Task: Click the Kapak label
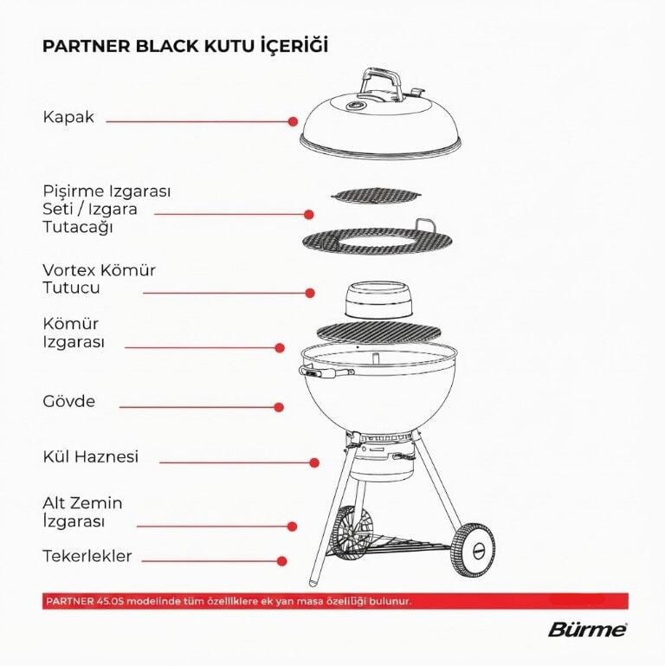68,117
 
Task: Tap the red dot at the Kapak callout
293,121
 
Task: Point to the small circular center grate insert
376,195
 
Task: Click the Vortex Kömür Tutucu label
99,279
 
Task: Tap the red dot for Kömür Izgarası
280,348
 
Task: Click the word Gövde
68,401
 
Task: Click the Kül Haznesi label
90,456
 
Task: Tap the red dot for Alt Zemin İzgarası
292,527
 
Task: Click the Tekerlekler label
87,556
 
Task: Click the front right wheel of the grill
473,551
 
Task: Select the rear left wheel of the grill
352,532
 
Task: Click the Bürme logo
588,630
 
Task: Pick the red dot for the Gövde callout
279,407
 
